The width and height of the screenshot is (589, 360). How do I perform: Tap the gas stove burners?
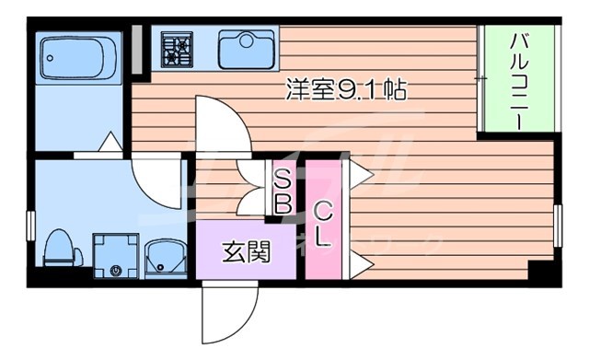coord(175,49)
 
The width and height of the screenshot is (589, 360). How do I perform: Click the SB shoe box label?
coord(282,191)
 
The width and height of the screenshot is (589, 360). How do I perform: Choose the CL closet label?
coord(322,223)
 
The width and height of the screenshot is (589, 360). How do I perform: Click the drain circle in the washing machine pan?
coord(116,271)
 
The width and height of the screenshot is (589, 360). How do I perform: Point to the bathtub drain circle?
coord(48,54)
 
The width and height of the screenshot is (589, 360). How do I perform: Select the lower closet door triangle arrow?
coord(360,266)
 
